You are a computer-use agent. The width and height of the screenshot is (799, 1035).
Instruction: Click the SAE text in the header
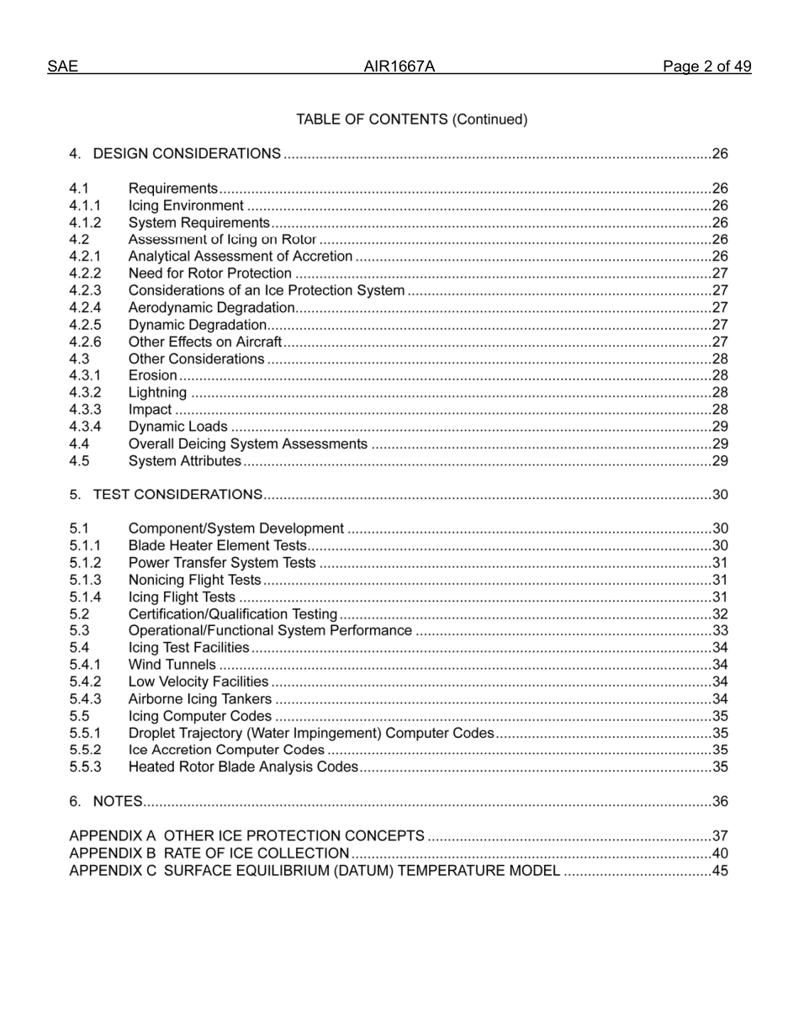click(62, 67)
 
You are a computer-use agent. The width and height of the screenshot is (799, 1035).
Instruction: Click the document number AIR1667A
click(399, 67)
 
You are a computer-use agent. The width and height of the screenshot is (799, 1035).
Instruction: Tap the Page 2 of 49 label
click(706, 67)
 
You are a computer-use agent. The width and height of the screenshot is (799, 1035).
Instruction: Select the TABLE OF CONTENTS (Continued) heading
click(411, 119)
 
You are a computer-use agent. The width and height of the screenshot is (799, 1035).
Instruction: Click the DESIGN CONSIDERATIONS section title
click(187, 154)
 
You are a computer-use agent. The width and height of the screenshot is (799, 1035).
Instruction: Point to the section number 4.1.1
click(85, 205)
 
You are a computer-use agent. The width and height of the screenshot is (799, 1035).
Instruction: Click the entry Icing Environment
click(186, 205)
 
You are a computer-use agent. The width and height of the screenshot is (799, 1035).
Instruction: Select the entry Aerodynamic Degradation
click(211, 308)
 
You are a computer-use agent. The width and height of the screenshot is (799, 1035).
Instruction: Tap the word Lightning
click(157, 393)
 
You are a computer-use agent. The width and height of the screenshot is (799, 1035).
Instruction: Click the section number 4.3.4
click(85, 427)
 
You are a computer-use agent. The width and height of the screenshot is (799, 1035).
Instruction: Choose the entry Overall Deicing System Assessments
click(247, 444)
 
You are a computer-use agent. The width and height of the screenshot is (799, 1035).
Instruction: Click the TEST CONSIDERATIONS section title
click(177, 495)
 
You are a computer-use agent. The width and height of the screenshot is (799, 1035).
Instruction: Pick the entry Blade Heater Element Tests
click(217, 546)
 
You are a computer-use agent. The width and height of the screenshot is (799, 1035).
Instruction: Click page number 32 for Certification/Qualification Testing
click(720, 614)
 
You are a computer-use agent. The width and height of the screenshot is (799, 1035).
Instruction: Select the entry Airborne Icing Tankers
click(199, 699)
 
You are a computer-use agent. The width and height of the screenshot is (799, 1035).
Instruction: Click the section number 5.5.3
click(85, 767)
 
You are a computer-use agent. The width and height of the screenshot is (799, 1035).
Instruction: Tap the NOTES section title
click(117, 802)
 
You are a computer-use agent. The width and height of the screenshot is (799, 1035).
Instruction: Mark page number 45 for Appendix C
click(720, 871)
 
